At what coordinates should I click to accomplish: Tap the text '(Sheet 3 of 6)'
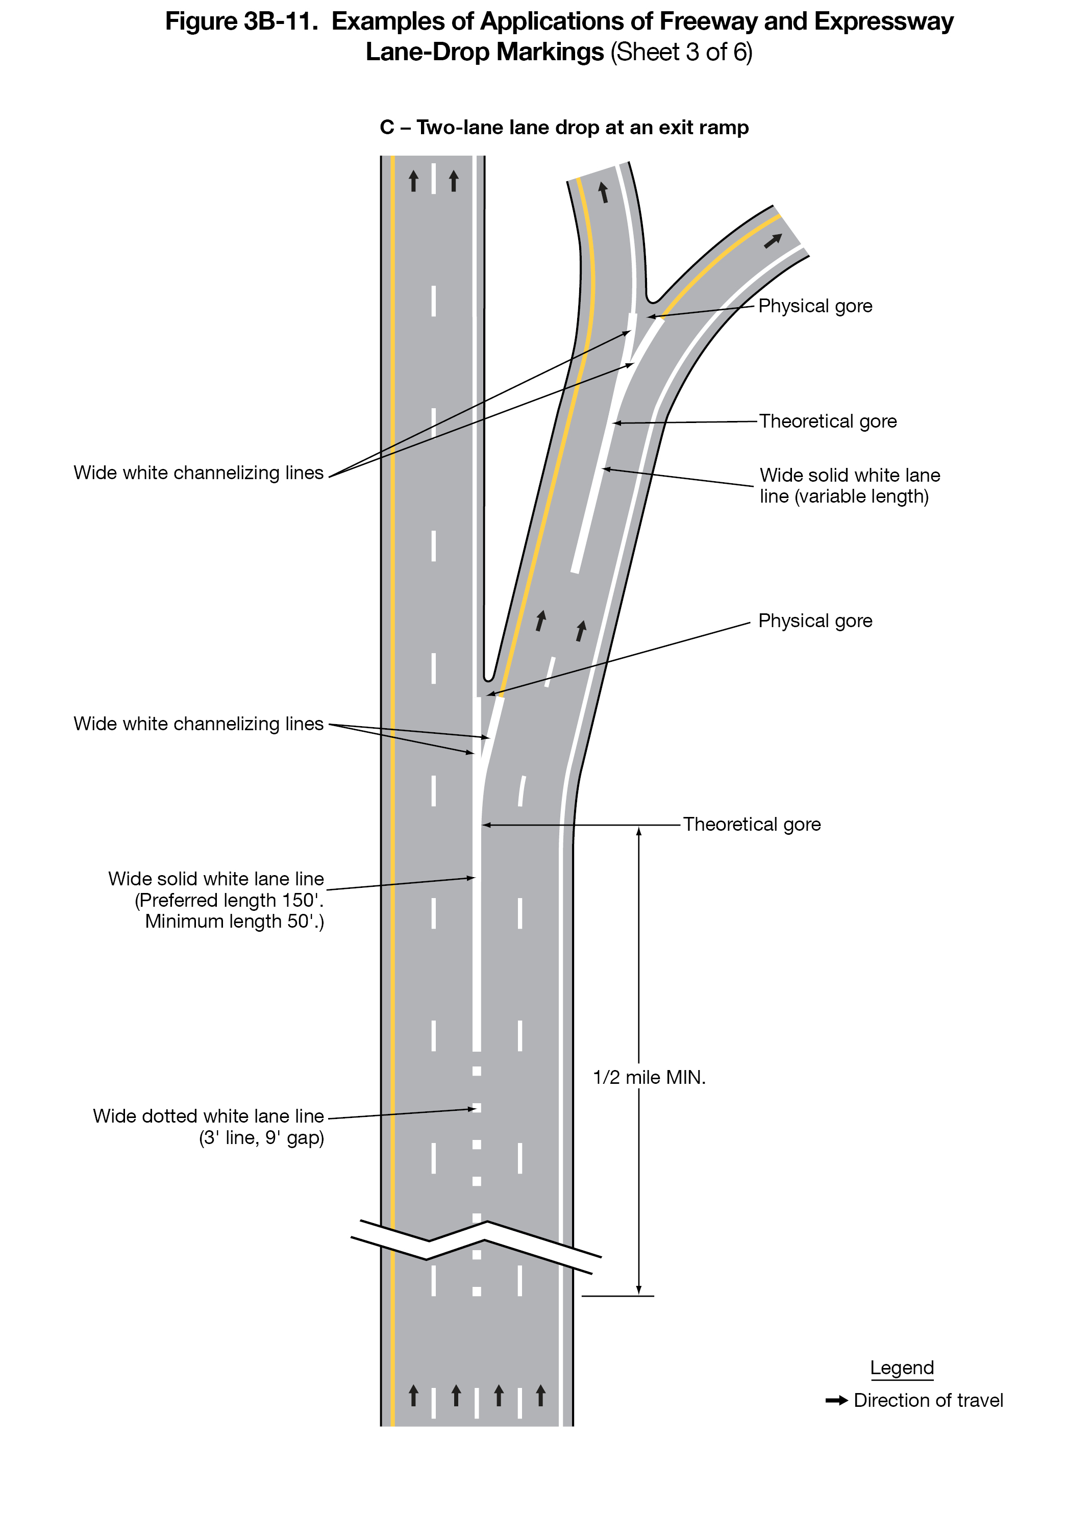[x=681, y=52]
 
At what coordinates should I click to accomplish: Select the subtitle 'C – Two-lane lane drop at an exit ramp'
[x=564, y=128]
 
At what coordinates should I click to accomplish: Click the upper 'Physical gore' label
[x=815, y=306]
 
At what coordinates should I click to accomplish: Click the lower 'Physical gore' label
[x=815, y=620]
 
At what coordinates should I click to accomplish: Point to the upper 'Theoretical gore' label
[x=828, y=421]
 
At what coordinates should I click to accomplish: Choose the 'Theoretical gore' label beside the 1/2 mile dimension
[x=752, y=824]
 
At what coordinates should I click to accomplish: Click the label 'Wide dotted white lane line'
[x=208, y=1116]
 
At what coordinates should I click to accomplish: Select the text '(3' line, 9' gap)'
[x=261, y=1137]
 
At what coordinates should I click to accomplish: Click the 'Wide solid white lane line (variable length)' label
[x=849, y=486]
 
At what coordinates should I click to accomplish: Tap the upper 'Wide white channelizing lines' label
[x=199, y=473]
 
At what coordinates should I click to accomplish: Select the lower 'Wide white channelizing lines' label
[x=199, y=724]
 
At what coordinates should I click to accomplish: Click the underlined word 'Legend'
[x=901, y=1368]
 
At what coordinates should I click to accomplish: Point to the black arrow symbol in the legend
[x=836, y=1400]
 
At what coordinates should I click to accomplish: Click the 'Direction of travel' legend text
[x=928, y=1400]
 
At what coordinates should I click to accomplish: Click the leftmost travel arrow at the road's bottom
[x=413, y=1396]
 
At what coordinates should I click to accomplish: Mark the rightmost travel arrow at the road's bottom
[x=540, y=1396]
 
